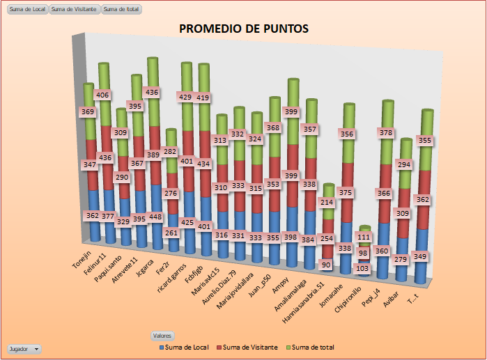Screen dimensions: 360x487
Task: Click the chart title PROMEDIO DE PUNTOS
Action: click(244, 29)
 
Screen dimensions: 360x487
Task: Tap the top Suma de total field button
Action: click(121, 9)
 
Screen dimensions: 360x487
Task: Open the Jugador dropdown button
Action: click(24, 348)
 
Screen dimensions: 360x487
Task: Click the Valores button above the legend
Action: click(162, 336)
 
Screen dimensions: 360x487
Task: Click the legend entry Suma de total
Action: click(313, 347)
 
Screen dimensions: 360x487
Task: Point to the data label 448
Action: click(153, 217)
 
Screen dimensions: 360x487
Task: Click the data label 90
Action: click(326, 265)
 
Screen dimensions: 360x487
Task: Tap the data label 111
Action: click(363, 237)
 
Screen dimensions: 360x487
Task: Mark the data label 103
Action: click(362, 268)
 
